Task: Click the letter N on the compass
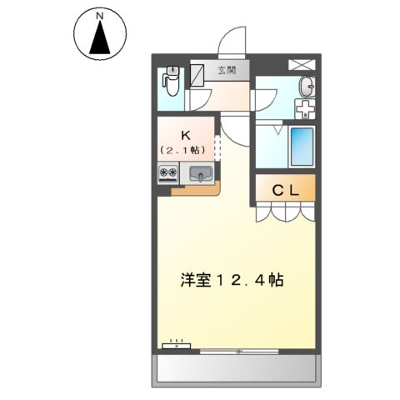(99, 15)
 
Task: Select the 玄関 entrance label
(227, 71)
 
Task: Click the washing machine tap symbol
(303, 109)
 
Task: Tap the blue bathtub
(301, 147)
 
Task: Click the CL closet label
(286, 190)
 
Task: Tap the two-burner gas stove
(167, 174)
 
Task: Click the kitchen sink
(201, 174)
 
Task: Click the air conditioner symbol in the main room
(176, 344)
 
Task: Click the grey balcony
(236, 368)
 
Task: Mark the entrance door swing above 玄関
(232, 43)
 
